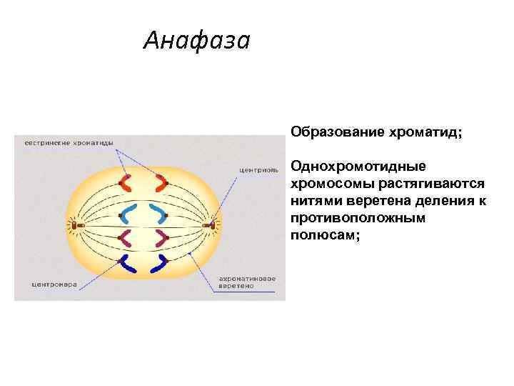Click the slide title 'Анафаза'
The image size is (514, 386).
tap(196, 41)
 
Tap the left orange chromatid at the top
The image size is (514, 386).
tap(127, 184)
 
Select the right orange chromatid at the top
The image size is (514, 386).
tap(158, 184)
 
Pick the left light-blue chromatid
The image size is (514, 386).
tap(128, 213)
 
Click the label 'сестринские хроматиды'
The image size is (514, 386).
tap(69, 142)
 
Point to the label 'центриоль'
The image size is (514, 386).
tap(255, 169)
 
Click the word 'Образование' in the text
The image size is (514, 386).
tap(335, 132)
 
